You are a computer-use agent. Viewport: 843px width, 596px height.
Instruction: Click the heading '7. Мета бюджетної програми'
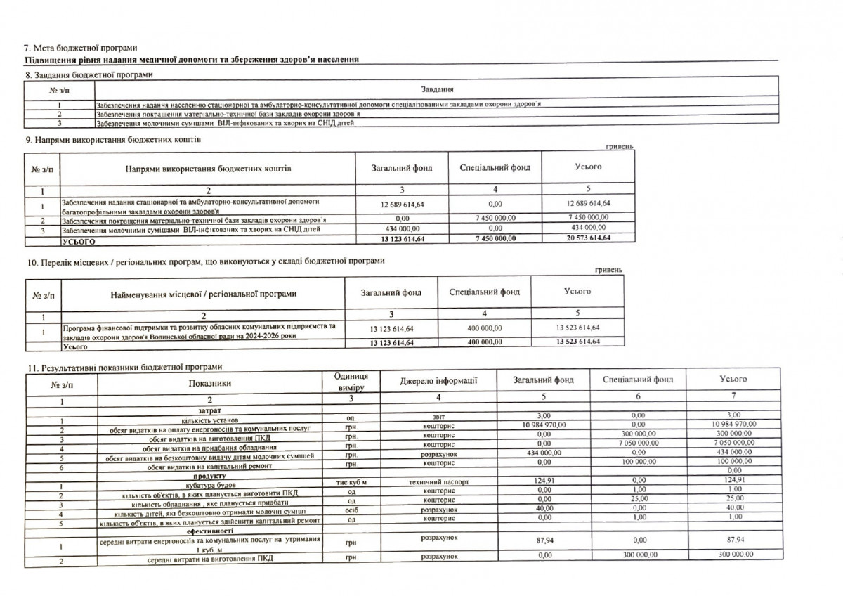coord(81,48)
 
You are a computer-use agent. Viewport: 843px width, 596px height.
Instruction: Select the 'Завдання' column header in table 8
coord(437,89)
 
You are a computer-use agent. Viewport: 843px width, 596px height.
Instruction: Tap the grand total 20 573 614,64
coord(587,239)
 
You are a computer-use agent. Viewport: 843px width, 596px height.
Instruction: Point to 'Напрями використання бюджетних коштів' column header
coord(208,169)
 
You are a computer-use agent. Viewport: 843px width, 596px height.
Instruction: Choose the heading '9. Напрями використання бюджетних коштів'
coord(113,140)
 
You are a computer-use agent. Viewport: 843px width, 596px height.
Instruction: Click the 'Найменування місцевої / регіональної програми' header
coord(204,294)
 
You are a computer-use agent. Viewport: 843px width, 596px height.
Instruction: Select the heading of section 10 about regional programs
coord(205,261)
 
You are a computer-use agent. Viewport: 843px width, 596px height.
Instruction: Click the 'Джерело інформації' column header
coord(438,381)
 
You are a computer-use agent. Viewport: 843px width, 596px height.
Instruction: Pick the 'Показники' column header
coord(209,383)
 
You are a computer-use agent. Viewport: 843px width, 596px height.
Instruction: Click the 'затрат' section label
coord(209,408)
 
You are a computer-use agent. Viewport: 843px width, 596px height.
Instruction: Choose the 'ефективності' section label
coord(209,531)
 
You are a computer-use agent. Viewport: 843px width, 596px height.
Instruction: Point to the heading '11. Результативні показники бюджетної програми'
coord(124,367)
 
